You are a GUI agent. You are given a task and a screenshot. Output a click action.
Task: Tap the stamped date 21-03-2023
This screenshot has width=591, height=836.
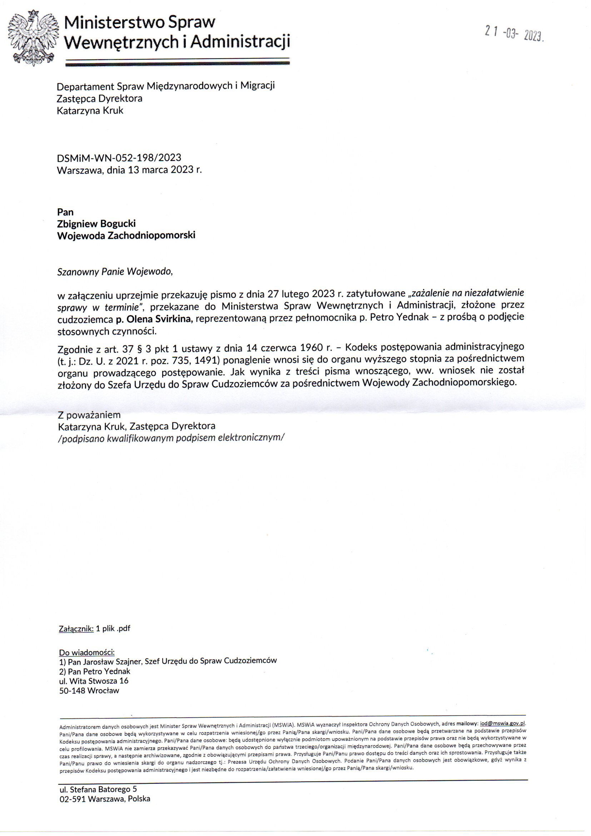coord(514,35)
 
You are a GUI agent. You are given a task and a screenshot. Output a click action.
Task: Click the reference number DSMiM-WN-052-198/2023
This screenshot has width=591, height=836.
coord(119,158)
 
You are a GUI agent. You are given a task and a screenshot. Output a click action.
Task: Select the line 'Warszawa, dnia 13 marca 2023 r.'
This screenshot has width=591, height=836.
coord(129,170)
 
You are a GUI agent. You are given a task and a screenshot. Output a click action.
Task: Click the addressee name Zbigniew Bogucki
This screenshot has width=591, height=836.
coord(96,223)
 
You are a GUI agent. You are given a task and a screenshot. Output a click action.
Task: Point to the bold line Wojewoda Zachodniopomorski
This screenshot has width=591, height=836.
coord(126,235)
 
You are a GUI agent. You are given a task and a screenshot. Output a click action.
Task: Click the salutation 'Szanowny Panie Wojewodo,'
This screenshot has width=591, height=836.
coord(114,272)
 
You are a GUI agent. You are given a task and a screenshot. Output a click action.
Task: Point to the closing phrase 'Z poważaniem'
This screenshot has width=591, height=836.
coord(89,415)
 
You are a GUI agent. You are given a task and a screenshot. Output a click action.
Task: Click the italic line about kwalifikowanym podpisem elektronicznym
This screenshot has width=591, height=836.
coord(170,438)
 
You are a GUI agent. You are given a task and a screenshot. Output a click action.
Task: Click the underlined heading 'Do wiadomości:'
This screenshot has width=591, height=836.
coord(86,653)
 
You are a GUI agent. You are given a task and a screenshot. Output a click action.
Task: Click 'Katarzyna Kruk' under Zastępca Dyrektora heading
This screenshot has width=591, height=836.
coord(90,111)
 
